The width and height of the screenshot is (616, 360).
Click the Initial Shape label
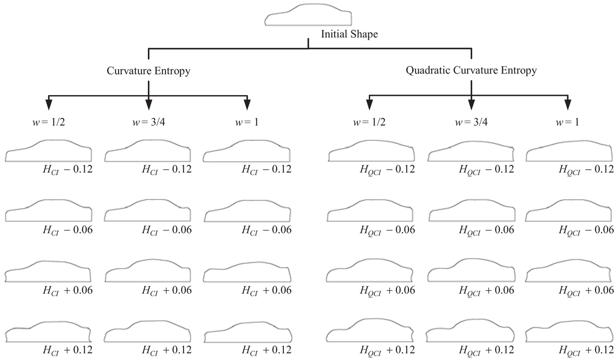350,34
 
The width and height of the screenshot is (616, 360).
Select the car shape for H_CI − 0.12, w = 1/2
49,151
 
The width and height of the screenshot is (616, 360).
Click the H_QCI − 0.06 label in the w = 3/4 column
487,229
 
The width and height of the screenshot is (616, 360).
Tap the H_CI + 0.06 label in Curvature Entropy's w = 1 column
266,290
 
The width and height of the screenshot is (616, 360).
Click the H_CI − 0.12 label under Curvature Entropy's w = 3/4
167,169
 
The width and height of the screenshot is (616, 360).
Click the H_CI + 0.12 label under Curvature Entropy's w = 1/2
67,350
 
